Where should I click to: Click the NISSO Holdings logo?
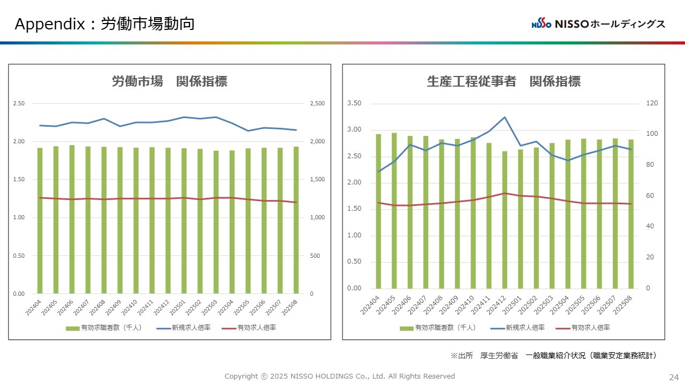tap(598, 24)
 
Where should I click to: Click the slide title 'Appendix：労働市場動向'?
tap(104, 24)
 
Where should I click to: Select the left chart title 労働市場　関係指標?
tap(169, 81)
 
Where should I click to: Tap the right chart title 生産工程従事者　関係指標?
tap(504, 81)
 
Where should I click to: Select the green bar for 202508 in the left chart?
tap(296, 220)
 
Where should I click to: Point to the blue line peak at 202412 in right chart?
tap(505, 117)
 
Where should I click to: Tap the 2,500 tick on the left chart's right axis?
tap(318, 104)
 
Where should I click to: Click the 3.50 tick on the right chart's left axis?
tap(354, 104)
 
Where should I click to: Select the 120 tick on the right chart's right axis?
tap(652, 104)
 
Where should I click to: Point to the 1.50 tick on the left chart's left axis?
tap(19, 180)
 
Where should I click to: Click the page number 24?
tap(673, 376)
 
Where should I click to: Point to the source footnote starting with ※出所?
tap(553, 356)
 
